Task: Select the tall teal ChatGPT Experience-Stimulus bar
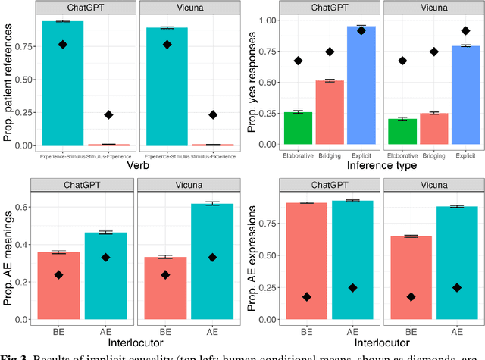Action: tap(63, 83)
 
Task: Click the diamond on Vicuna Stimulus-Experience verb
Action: tap(213, 114)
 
